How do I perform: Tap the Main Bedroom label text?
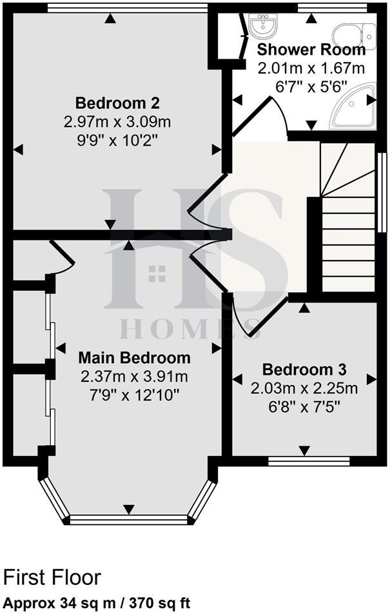pos(135,358)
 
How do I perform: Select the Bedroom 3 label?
pos(304,370)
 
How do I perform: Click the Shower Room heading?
pos(311,50)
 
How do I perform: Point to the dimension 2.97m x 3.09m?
pos(117,121)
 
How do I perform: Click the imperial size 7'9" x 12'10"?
pos(135,393)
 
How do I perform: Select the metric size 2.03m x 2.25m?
pos(304,388)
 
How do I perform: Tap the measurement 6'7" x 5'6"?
pos(311,84)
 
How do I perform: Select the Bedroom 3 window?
pos(309,461)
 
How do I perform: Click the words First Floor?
pos(52,577)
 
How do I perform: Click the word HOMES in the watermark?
pos(190,329)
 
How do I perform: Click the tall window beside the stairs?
pos(382,192)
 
